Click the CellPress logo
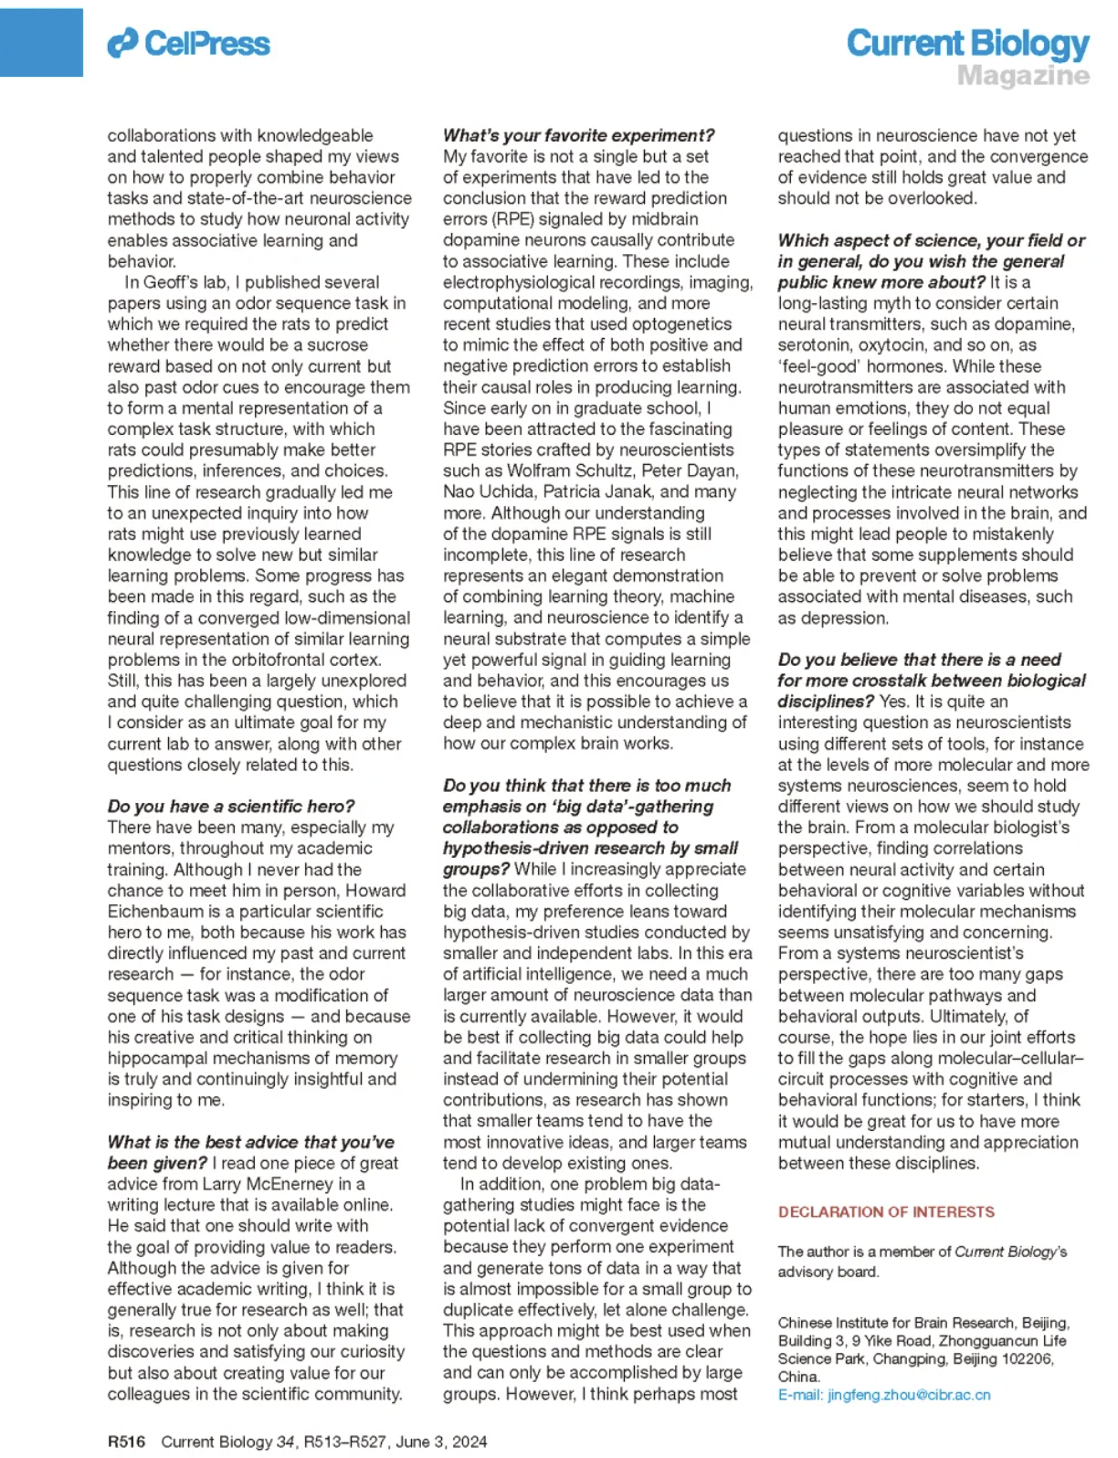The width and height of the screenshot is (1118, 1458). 189,43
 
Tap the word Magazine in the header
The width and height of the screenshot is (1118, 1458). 1023,76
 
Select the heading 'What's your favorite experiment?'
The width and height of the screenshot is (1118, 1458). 578,135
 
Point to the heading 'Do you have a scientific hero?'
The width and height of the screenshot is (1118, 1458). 231,806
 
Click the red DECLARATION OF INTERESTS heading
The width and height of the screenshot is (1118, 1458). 886,1211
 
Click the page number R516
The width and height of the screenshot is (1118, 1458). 126,1442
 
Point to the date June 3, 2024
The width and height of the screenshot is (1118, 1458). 441,1442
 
